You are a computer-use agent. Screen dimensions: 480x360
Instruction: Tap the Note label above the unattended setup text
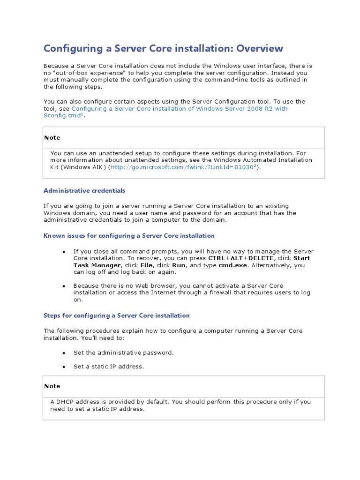[x=52, y=138]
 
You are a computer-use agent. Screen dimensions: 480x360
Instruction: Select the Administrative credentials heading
[x=84, y=191]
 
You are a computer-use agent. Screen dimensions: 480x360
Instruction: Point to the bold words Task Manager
[x=97, y=265]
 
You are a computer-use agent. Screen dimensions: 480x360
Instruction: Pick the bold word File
[x=147, y=265]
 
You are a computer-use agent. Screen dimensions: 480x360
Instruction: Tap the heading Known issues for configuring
[x=129, y=236]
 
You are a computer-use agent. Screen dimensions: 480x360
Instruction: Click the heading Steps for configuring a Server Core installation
[x=116, y=315]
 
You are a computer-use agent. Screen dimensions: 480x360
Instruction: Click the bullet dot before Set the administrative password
[x=63, y=352]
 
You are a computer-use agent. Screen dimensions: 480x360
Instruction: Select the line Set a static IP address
[x=108, y=367]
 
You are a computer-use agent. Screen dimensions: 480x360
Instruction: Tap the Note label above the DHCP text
[x=52, y=386]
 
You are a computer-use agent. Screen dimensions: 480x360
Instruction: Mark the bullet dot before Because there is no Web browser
[x=63, y=286]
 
